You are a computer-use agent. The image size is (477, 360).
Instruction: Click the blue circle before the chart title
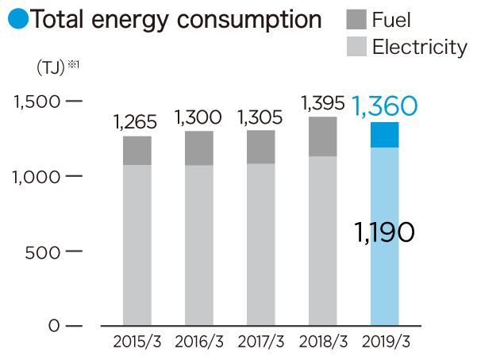pos(18,18)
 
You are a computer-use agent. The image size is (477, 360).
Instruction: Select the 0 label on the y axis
pos(53,326)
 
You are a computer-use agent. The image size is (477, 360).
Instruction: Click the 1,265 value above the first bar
pos(136,123)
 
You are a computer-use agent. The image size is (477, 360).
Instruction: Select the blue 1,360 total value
pos(384,105)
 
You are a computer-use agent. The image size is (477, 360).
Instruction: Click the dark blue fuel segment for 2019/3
pos(385,135)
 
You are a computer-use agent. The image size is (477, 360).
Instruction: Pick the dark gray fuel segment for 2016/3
pos(199,148)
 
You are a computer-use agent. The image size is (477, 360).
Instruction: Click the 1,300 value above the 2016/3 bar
pos(198,118)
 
